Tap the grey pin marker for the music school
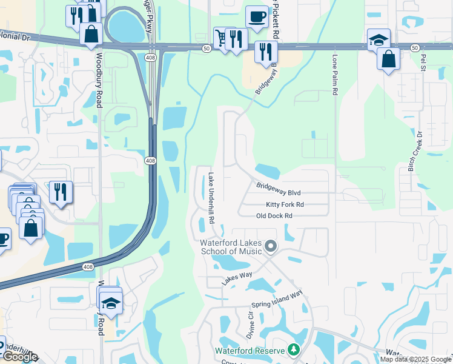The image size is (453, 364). coord(271,246)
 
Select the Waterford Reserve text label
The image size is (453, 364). coord(250,351)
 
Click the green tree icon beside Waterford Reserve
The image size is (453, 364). coord(294,350)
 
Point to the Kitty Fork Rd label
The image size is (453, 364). coord(285,205)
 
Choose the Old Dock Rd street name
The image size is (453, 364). coord(274,215)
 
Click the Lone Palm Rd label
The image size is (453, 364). coord(334,76)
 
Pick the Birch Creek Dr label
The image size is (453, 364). coord(418,150)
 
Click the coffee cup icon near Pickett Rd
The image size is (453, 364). coord(257,17)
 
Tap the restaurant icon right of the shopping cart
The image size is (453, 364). coord(236,39)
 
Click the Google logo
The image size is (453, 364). coord(19,357)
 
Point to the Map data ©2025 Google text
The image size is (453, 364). coord(415,359)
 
